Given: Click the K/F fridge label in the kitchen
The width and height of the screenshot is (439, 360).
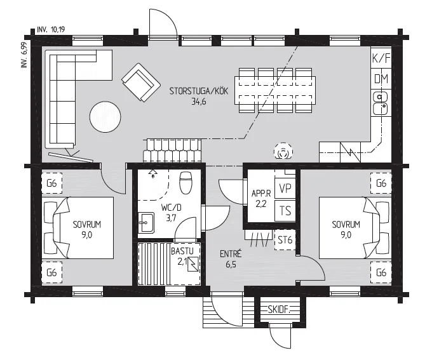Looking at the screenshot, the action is (381, 58).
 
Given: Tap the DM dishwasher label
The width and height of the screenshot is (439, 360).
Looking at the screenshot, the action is (381, 79).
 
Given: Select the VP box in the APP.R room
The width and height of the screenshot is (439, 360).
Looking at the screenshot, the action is (285, 189).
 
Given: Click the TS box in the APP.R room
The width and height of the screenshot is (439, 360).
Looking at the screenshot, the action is (285, 211).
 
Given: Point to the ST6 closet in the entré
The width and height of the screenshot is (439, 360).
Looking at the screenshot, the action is (285, 240).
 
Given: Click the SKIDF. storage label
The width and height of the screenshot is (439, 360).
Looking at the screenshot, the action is (279, 310).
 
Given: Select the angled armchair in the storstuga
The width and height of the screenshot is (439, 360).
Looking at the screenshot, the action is (141, 83).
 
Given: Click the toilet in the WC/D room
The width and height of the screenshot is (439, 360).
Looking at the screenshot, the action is (186, 183).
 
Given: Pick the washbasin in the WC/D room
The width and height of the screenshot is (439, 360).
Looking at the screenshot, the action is (146, 223).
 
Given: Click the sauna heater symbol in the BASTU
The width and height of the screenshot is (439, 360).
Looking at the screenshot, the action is (194, 264).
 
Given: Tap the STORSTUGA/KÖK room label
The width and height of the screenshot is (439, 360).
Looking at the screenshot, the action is (199, 91).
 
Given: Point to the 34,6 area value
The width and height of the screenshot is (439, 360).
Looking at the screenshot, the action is (199, 102).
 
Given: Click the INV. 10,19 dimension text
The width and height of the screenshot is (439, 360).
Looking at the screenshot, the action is (51, 30).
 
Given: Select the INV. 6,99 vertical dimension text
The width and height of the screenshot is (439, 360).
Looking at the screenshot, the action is (24, 55).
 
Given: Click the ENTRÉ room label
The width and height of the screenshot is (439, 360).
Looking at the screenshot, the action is (231, 254).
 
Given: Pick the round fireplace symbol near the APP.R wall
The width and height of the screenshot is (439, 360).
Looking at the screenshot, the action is (283, 151).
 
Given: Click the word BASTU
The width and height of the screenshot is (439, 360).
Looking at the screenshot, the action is (182, 251).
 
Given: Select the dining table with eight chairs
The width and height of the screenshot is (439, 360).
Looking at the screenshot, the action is (275, 90).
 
